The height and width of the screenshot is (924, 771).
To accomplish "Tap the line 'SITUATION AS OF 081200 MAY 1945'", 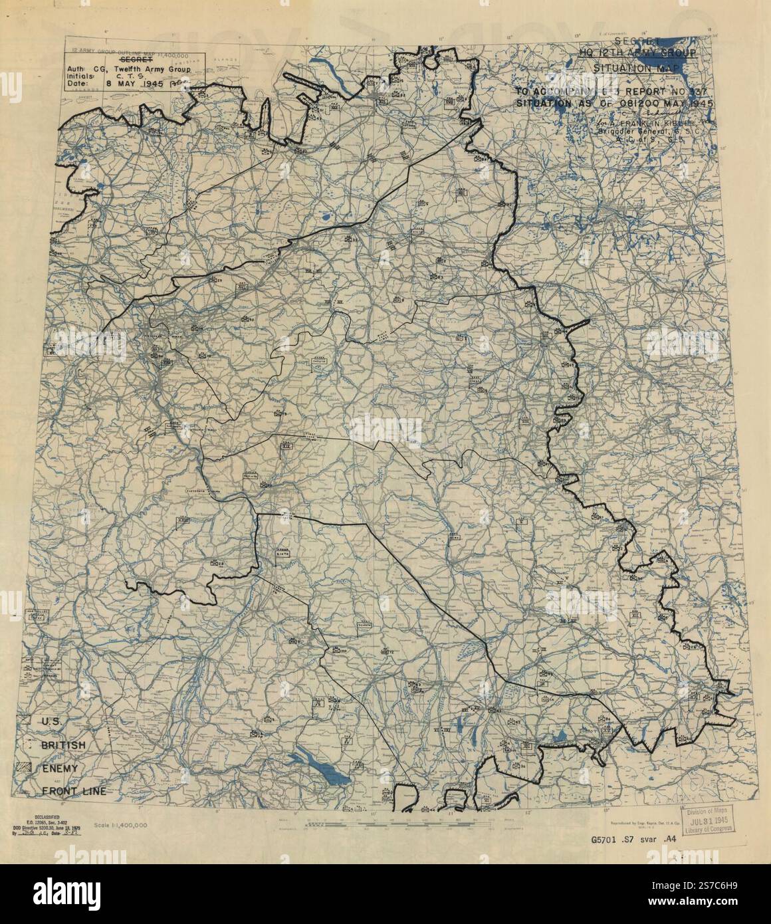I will (x=605, y=104).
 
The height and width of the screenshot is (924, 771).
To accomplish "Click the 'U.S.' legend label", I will (x=53, y=721).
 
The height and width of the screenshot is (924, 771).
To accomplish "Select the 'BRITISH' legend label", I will (x=63, y=745).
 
